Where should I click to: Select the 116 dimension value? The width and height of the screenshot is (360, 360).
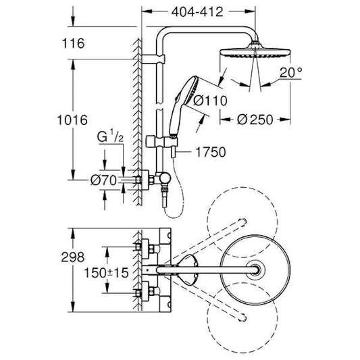(90, 44)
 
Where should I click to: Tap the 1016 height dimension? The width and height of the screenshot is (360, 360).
(89, 121)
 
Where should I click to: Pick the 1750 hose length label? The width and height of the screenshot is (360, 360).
(209, 153)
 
